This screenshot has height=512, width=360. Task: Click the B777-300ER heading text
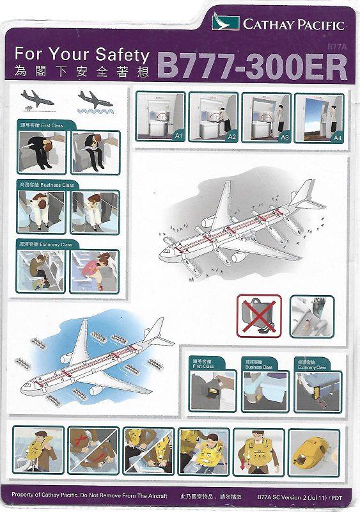pyautogui.click(x=251, y=66)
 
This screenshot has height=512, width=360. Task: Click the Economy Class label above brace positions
pyautogui.click(x=49, y=244)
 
